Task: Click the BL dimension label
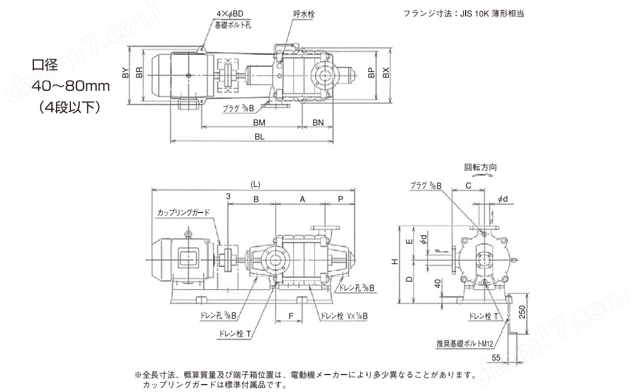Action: (259, 136)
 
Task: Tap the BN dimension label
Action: (318, 122)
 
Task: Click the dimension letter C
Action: (469, 185)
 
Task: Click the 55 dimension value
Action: (495, 359)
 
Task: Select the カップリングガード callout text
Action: (183, 212)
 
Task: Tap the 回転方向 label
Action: (480, 167)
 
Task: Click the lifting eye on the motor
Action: (187, 233)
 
